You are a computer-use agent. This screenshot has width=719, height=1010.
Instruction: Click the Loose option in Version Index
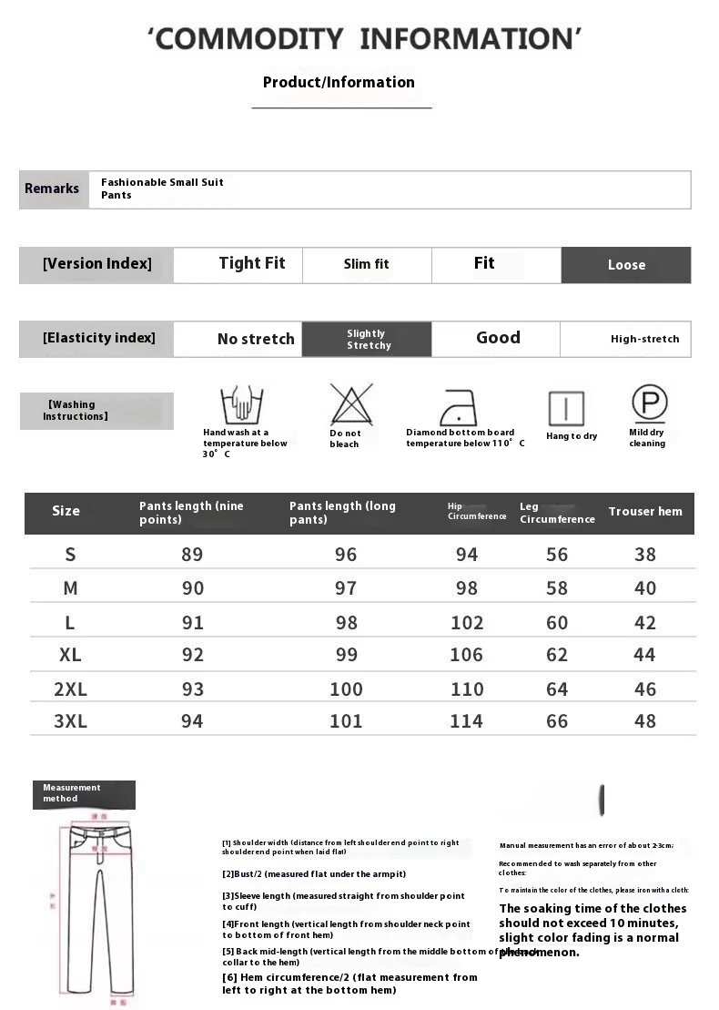coord(626,265)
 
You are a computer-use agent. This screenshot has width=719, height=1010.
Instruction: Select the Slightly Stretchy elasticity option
coord(368,340)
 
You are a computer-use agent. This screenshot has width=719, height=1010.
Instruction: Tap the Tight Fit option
coord(251,263)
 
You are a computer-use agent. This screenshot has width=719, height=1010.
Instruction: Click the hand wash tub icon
coord(241,404)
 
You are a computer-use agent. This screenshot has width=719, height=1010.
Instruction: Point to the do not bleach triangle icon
coord(351,404)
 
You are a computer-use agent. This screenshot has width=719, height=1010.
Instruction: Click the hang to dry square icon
coord(566,408)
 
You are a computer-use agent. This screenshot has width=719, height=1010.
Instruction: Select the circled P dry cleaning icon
coord(649,403)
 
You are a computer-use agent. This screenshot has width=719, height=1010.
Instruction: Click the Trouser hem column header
coord(644,512)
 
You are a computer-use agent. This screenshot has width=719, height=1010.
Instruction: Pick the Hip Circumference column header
coord(477,512)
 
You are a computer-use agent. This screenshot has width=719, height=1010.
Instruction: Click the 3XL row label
coord(70,721)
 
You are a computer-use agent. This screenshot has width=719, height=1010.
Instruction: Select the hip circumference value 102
coord(467,623)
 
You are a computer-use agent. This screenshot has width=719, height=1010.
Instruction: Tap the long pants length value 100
coord(346,689)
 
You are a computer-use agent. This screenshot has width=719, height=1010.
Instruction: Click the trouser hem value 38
coord(645,555)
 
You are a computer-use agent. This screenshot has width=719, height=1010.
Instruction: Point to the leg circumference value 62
coord(557,655)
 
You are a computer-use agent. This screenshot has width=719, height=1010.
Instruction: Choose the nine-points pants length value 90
coord(193,588)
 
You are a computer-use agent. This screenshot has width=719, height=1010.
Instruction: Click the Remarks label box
coord(53,189)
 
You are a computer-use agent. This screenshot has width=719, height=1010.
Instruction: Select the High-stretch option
coord(644,339)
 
